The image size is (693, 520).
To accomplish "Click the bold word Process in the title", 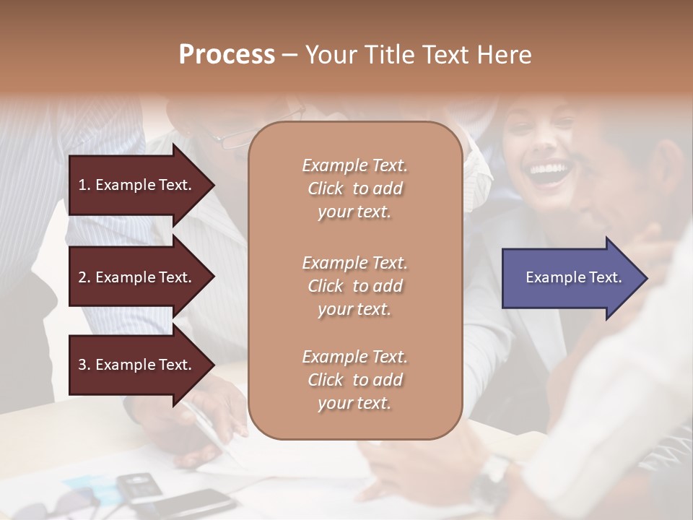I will point(227,55).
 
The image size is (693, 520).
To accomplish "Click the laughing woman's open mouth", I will point(548,170).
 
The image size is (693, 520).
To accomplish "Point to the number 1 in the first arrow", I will point(82,185).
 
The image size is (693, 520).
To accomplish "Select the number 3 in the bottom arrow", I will point(82,365).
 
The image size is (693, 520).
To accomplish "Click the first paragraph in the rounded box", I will point(354,188).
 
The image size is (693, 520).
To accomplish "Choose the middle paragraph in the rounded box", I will point(354,285).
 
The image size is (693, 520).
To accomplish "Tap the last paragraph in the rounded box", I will point(354,380).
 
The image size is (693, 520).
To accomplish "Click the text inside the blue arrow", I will point(574,277).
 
